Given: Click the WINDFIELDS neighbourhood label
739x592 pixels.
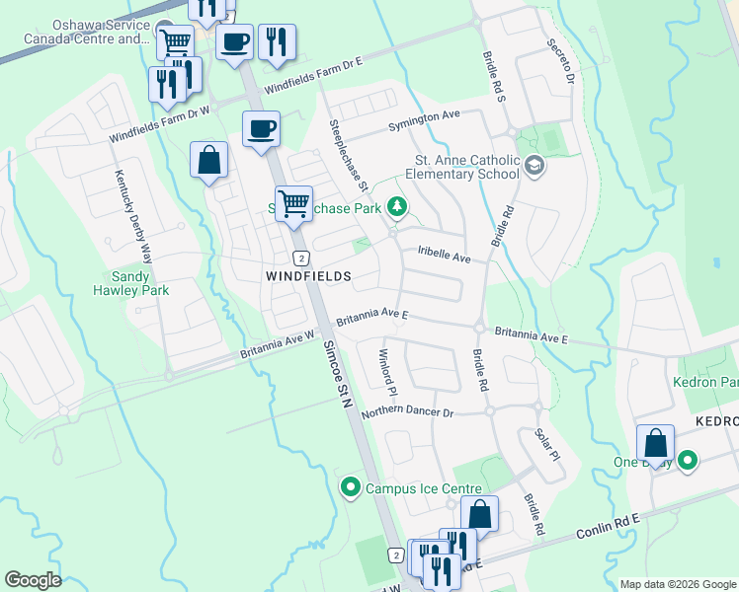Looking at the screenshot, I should click(x=308, y=277).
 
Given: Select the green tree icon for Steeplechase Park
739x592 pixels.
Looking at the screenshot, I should click(x=396, y=206).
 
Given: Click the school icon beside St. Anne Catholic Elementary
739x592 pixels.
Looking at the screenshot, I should click(x=534, y=166).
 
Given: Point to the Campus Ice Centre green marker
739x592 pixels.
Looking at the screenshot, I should click(x=350, y=487).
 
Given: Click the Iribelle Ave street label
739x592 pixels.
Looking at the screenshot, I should click(x=444, y=253).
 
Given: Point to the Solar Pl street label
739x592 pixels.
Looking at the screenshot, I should click(x=546, y=444).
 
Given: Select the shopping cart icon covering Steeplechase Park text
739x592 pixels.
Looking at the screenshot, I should click(x=293, y=204).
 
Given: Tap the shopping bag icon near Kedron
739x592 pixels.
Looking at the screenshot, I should click(x=655, y=443).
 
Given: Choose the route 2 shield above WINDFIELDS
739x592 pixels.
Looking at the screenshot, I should click(x=300, y=258).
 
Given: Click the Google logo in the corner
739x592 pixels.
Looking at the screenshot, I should click(x=33, y=580).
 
